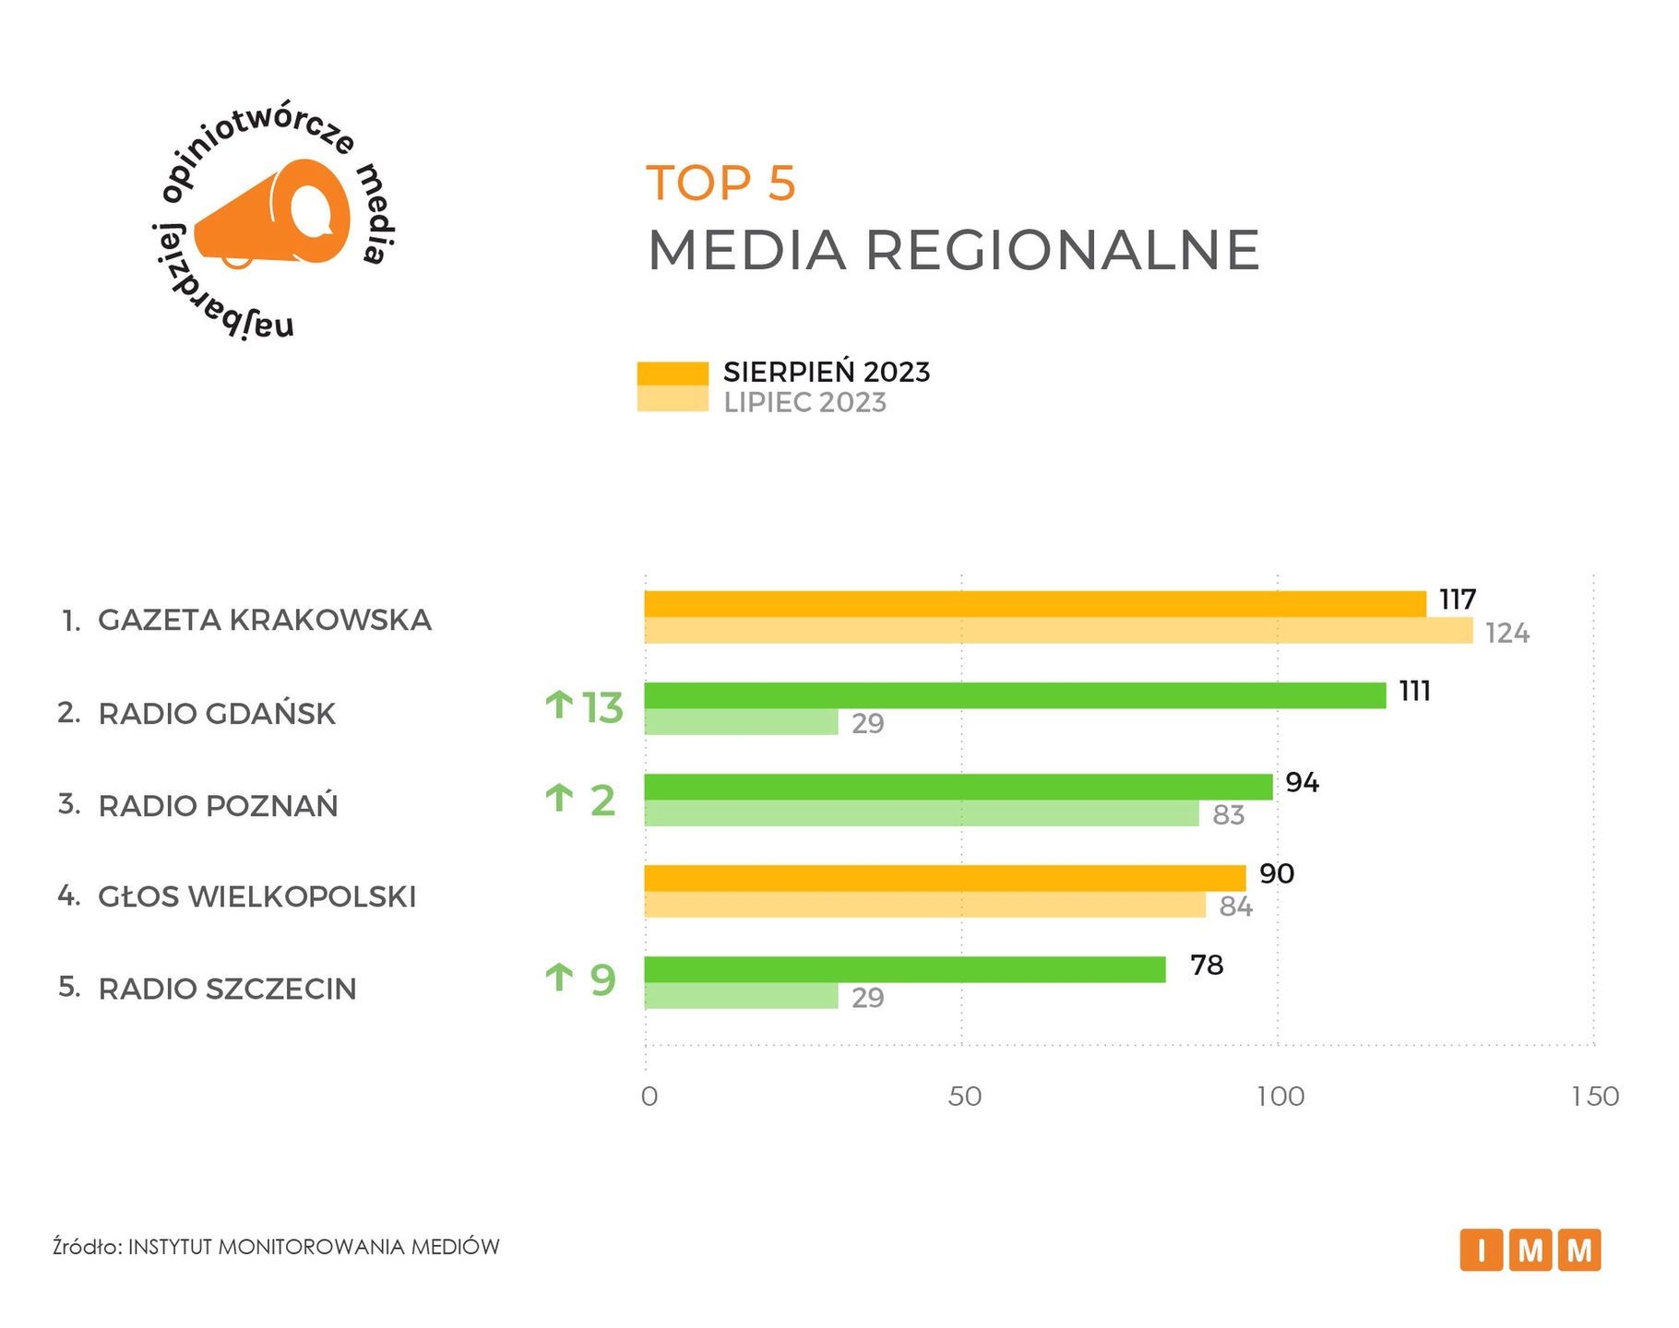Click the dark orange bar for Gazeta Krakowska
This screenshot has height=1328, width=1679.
tap(1033, 604)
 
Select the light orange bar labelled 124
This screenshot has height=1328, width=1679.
tap(1057, 631)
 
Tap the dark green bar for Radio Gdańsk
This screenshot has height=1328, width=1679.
tap(1014, 695)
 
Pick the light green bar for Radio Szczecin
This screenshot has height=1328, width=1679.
tap(741, 996)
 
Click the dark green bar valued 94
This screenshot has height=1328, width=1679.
tap(958, 787)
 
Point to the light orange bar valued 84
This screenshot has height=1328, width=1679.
tap(924, 905)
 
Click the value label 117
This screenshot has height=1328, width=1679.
tap(1458, 600)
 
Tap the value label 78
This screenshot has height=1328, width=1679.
tap(1207, 966)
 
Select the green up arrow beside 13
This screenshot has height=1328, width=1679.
tap(558, 705)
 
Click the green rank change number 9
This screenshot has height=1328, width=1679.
tap(602, 979)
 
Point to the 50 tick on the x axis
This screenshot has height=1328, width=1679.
tap(964, 1097)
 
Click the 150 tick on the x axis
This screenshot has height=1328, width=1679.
tap(1596, 1097)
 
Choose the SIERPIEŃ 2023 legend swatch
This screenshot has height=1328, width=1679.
tap(673, 373)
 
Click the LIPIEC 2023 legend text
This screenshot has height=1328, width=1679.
tap(804, 403)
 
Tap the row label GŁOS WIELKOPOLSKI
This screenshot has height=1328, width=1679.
tap(257, 896)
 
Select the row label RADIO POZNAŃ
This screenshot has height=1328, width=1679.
tap(218, 806)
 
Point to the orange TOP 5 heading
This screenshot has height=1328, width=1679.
tap(720, 183)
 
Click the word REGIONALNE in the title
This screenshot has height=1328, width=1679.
tap(1062, 250)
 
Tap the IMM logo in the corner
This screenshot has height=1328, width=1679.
tap(1530, 1251)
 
